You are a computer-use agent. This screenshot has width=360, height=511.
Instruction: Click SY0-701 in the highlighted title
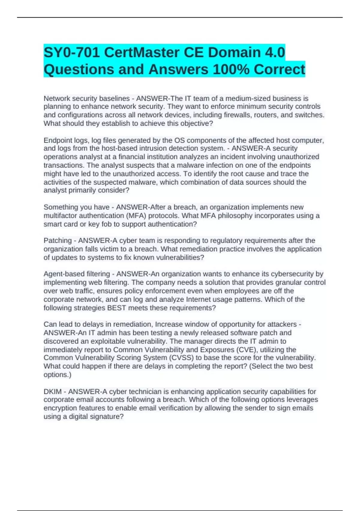tap(72, 53)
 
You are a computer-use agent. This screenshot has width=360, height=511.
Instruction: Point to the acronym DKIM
tap(52, 392)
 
